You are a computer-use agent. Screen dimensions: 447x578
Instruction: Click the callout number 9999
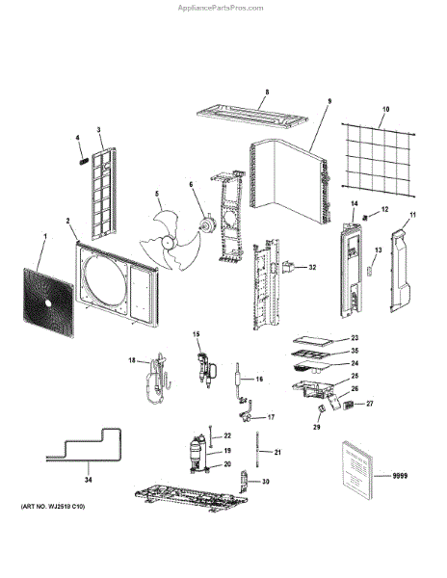(x=400, y=476)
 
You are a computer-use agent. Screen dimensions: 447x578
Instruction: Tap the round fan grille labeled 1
(x=48, y=302)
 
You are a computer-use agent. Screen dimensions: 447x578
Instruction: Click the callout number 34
(x=89, y=480)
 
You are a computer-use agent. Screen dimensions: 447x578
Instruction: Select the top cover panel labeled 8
(x=252, y=117)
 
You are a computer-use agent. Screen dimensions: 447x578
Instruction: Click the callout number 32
(x=312, y=267)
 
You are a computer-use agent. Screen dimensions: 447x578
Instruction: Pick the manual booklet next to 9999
(x=357, y=469)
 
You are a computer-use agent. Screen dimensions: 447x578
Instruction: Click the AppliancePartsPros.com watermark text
(x=221, y=8)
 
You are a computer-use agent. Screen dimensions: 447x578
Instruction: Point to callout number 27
(x=370, y=404)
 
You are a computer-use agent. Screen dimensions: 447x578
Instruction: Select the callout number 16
(x=259, y=379)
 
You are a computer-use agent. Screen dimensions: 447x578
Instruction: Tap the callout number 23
(x=355, y=338)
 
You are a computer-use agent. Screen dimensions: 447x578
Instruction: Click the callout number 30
(x=265, y=482)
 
